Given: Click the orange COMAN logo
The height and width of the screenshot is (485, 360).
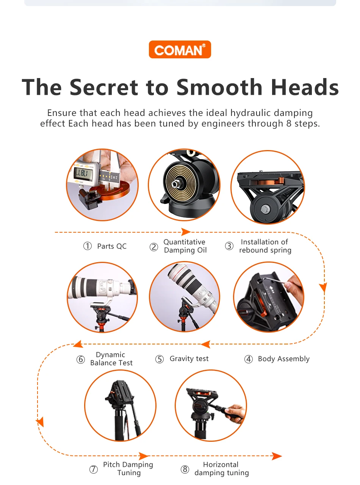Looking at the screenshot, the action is (180, 49).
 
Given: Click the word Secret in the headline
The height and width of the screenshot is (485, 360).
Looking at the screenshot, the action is (104, 87).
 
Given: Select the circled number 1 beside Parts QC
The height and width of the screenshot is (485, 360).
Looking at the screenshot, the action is (88, 246).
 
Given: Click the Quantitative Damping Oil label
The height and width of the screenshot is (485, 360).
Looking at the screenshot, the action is (185, 246).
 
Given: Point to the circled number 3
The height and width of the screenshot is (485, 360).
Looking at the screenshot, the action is (229, 246).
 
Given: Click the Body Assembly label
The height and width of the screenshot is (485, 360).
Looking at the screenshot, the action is (284, 359).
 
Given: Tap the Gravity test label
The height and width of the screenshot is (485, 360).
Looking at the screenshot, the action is (189, 358).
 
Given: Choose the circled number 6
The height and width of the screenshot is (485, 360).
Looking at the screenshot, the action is (80, 359).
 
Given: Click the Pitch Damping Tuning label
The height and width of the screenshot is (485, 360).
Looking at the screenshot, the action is (128, 469).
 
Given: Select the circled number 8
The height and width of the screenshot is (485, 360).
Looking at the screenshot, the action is (185, 469).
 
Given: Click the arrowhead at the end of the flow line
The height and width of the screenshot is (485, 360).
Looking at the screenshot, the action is (277, 456).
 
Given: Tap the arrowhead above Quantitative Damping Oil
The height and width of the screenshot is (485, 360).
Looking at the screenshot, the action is (186, 232).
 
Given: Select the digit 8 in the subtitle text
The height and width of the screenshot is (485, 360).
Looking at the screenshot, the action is (289, 124).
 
